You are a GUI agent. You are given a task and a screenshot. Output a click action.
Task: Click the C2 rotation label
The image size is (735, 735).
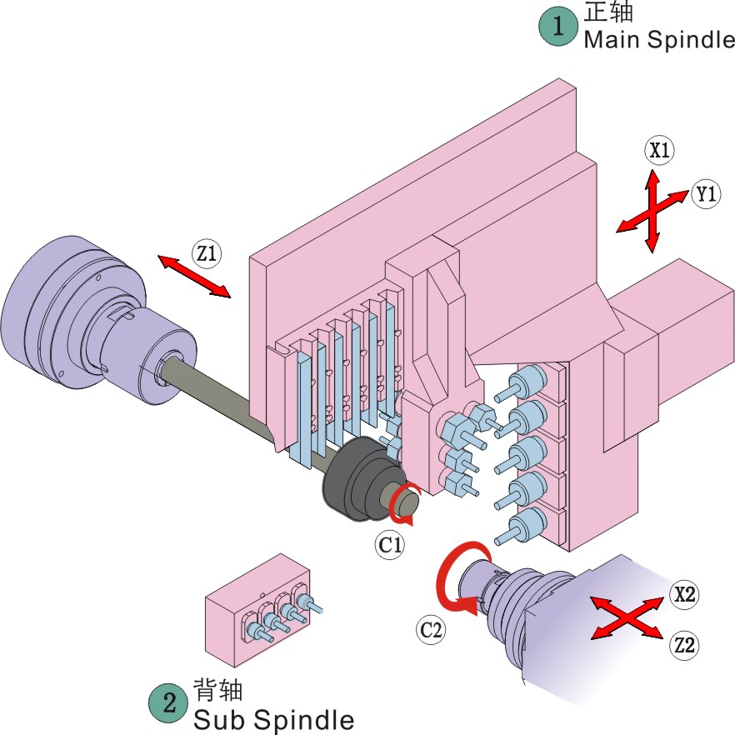coord(431,630)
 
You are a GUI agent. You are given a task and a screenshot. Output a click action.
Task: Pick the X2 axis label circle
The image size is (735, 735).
coord(686,594)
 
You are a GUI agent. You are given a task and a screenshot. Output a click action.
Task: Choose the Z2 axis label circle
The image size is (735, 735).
coord(685,644)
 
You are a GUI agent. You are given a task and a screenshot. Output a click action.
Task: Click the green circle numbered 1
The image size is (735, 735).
coord(557,26)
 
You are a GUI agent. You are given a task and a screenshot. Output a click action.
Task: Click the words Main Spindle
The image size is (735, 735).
coord(658,40)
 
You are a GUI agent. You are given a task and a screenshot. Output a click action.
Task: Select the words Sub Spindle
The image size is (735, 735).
coord(273,718)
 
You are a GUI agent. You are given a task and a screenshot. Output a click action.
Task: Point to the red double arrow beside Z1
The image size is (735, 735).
coord(195,276)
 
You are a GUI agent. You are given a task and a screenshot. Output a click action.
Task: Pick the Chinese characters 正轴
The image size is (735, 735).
coord(609,12)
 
